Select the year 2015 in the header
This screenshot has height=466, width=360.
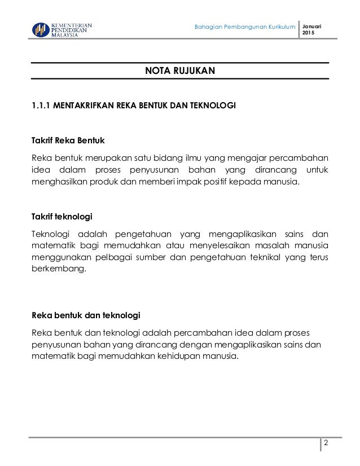[310, 34]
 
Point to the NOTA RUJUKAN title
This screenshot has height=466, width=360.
[179, 71]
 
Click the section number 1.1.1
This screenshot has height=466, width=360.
[41, 105]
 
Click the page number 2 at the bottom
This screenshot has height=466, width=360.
[326, 443]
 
